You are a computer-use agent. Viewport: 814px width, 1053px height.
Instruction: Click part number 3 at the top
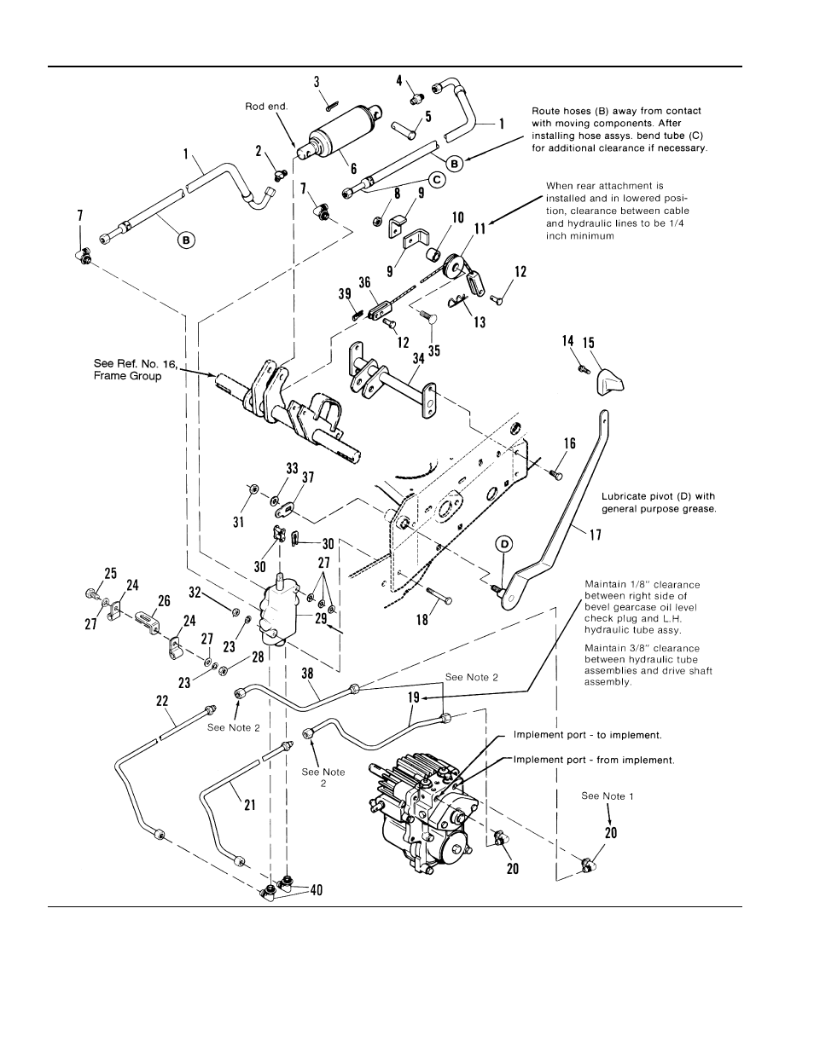[x=317, y=82]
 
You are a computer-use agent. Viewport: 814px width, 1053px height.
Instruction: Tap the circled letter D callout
[x=505, y=544]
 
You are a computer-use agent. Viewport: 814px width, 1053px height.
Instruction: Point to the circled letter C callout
[x=435, y=180]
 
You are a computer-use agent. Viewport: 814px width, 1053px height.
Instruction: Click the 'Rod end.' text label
[x=267, y=107]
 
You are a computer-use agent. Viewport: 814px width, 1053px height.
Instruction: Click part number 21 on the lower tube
[x=249, y=803]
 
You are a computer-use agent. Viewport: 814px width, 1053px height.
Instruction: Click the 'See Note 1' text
[x=607, y=796]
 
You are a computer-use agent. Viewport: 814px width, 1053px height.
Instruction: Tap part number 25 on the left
[x=110, y=574]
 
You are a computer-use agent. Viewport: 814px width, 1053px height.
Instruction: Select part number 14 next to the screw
[x=567, y=340]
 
